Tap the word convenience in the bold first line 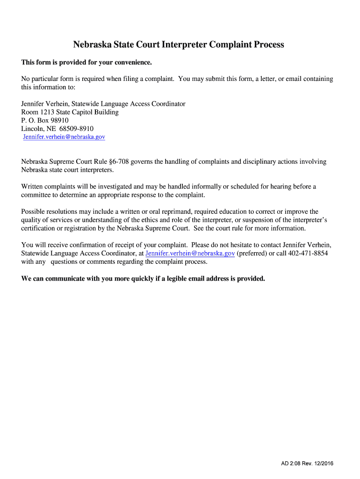[133, 63]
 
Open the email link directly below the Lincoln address [64, 137]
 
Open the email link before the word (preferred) [190, 253]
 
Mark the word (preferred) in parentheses [252, 253]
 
